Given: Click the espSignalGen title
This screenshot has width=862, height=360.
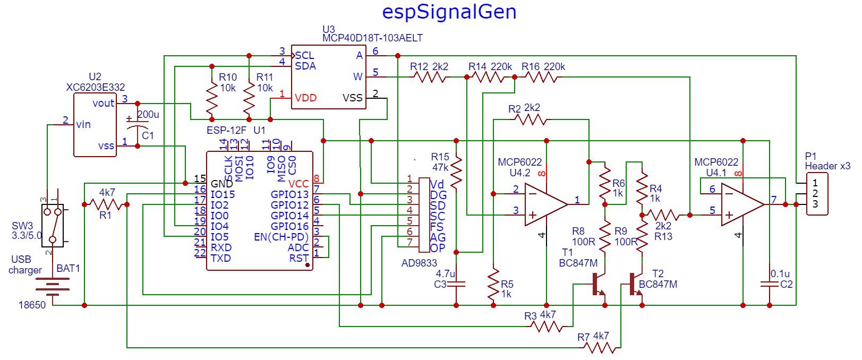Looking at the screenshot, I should coord(449,12).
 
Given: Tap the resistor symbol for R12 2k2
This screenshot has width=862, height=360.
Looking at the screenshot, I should coord(430,77).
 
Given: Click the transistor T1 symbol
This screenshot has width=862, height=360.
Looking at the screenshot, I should coord(599,284).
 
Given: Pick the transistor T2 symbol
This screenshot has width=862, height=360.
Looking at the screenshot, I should coord(635,284).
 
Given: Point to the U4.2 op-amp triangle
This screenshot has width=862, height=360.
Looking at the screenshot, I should coord(544,204).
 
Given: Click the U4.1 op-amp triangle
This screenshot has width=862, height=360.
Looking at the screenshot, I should coord(741,204).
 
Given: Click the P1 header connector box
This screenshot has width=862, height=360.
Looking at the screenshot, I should coord(816,194).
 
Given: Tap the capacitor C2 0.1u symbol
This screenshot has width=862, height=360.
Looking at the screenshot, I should coord(769,285).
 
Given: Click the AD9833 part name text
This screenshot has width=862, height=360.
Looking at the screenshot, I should coord(420,263).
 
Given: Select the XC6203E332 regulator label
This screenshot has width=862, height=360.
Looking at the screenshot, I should coord(94,87).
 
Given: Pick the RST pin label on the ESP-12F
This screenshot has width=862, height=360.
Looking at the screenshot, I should coord(299,258).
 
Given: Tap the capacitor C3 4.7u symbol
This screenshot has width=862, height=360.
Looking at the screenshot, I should coord(456,285).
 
